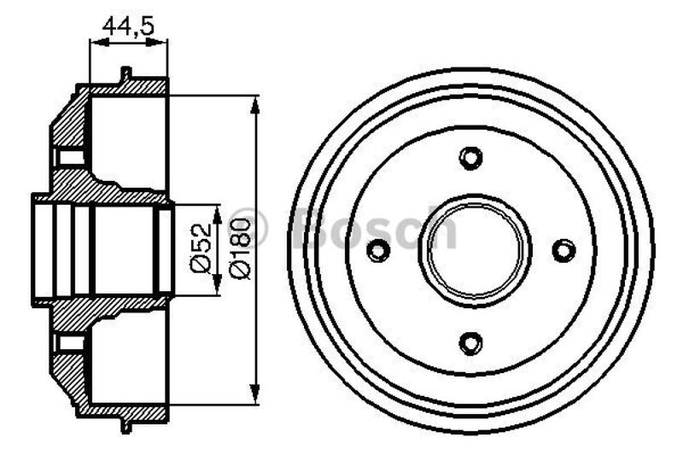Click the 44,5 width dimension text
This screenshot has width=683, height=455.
128,26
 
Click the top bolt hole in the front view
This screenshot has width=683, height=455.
470,159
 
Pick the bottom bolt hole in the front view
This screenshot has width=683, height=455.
470,343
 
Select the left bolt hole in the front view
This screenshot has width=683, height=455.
377,251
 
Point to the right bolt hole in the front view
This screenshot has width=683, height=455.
563,251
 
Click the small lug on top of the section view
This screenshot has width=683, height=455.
126,75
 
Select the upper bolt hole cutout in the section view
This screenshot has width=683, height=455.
70,159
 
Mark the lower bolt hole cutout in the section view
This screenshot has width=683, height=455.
70,343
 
